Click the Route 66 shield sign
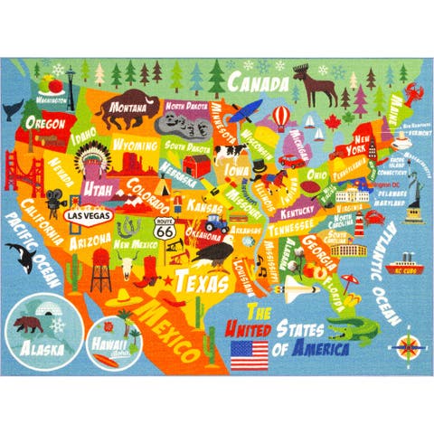[164, 230]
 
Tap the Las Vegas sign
[87, 216]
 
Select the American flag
[250, 354]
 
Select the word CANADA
[250, 83]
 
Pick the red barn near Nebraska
[196, 165]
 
